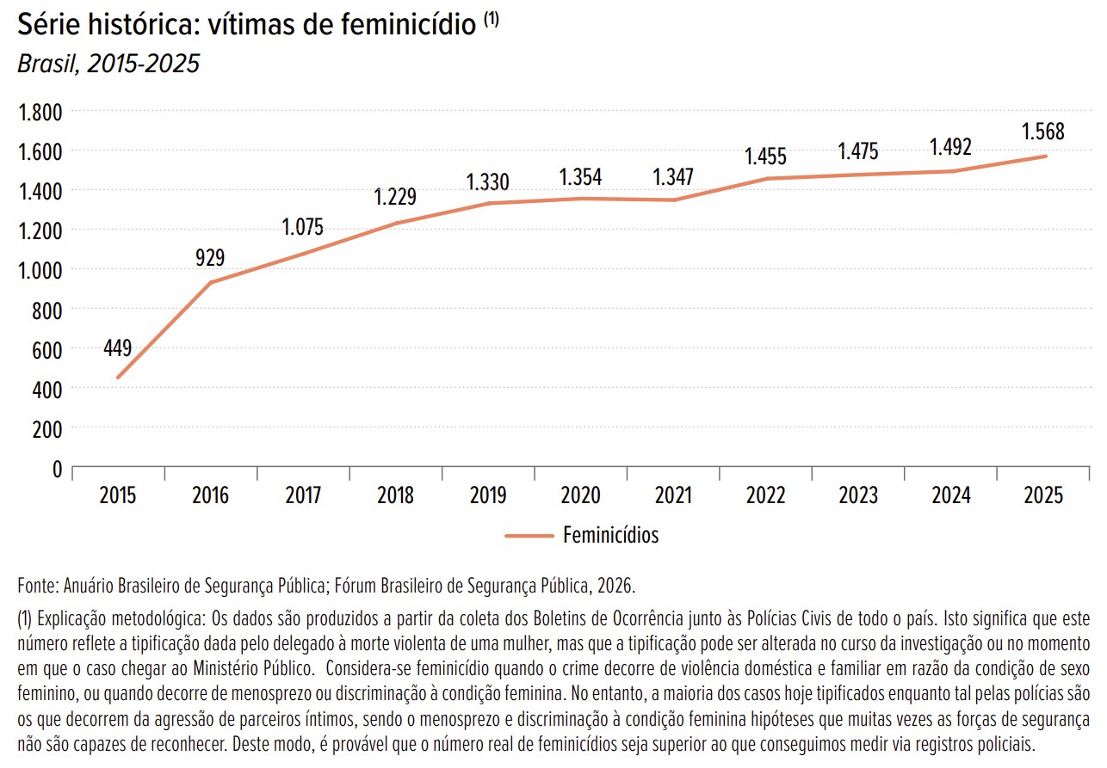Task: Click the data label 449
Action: click(117, 348)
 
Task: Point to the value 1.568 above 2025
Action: click(1043, 132)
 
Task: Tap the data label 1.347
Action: click(673, 177)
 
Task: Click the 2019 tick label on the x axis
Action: click(488, 496)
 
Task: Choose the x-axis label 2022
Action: click(766, 496)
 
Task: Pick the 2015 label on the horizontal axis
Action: click(118, 496)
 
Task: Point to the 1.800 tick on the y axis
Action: click(40, 112)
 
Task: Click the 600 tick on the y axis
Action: click(48, 349)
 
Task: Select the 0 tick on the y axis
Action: click(58, 470)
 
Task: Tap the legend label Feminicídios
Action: click(610, 535)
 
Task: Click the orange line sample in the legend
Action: click(529, 535)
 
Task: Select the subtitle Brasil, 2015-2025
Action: click(108, 65)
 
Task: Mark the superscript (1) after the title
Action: click(491, 22)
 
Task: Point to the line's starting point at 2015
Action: click(118, 378)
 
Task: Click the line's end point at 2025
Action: click(1045, 157)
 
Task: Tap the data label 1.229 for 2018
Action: click(395, 196)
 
